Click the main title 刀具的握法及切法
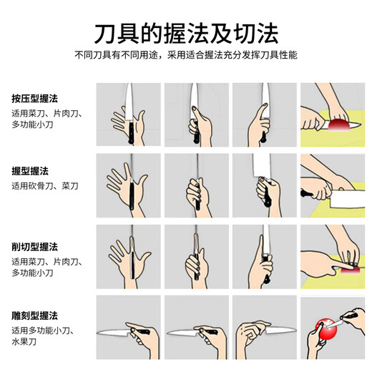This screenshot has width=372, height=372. point(186,34)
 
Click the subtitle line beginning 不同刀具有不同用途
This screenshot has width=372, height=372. point(186,55)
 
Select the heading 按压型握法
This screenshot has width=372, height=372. point(35,99)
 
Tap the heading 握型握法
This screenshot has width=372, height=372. point(30,171)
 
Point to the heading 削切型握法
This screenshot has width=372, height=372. point(35,247)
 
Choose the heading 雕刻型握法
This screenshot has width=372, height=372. point(35,315)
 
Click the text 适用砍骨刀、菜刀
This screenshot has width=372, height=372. point(45,186)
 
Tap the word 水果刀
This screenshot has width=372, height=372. point(24,342)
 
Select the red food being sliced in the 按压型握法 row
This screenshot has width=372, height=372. point(339,124)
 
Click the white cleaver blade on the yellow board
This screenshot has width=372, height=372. point(348,198)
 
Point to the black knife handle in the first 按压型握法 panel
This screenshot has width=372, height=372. point(131,132)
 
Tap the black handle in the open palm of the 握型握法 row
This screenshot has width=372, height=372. point(132,195)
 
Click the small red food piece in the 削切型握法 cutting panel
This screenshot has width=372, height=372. point(350,270)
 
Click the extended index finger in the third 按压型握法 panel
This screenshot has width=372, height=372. point(262,112)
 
